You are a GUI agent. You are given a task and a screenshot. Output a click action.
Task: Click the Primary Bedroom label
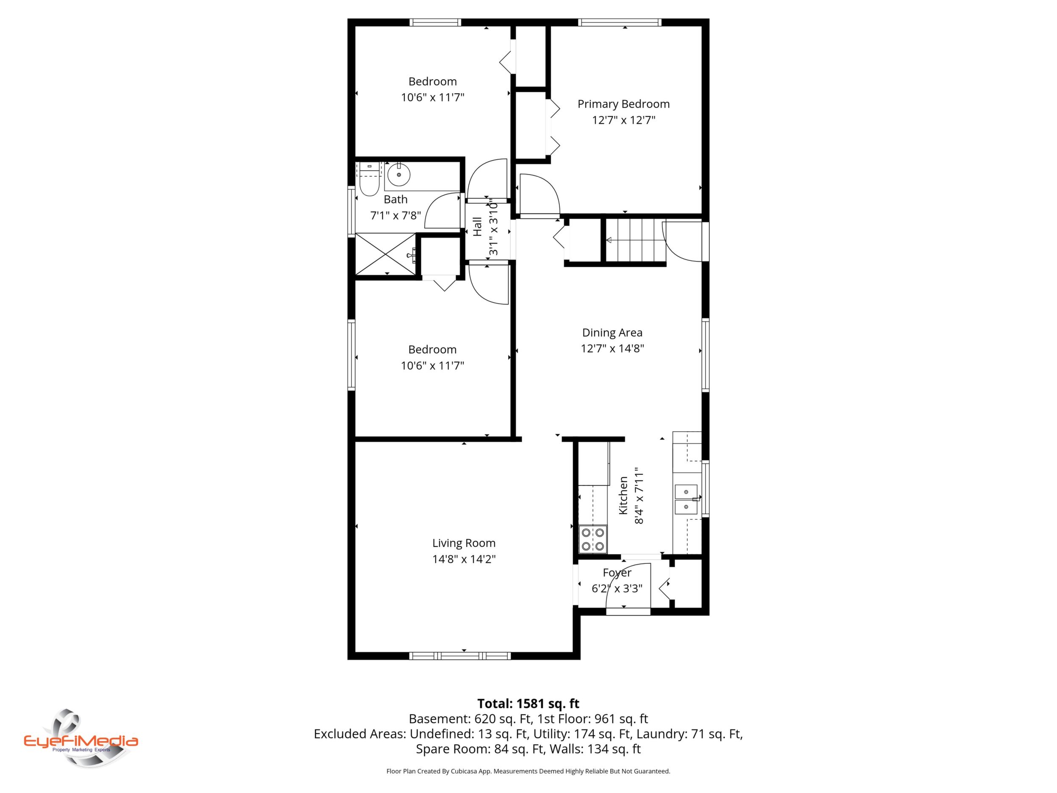[624, 104]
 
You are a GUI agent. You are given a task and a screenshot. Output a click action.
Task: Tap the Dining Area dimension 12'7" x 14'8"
[612, 349]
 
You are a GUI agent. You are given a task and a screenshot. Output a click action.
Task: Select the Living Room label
[464, 543]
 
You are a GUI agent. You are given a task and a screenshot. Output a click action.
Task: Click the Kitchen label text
[623, 495]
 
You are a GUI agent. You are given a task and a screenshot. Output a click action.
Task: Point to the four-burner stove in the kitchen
[592, 539]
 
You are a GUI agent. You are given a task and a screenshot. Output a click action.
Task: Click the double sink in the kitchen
[686, 499]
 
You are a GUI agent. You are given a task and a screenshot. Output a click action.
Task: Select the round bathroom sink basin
[398, 175]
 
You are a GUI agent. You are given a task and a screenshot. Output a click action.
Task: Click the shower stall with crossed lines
[386, 254]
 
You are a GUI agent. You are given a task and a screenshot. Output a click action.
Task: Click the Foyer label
[617, 573]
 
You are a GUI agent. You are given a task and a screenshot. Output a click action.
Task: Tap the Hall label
[477, 227]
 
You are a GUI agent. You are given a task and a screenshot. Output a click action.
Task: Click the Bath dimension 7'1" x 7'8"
[396, 216]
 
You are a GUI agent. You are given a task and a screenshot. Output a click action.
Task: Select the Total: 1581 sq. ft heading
[528, 704]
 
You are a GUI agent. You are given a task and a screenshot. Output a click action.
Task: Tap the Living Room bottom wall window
[460, 656]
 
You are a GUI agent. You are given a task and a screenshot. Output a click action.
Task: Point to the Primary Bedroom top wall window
[620, 22]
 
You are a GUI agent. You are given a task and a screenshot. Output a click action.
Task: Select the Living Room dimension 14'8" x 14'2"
[464, 559]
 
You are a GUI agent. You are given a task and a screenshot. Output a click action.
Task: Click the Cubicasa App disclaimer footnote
[528, 771]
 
